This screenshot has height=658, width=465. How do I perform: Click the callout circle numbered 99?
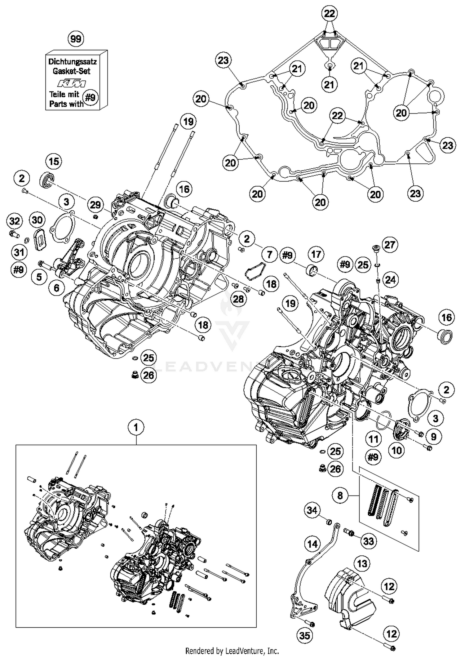tap(76, 39)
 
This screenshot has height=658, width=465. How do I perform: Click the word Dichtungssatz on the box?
tap(73, 61)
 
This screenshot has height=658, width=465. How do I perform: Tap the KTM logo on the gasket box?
tap(71, 83)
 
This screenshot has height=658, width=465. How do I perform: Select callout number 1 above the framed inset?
tap(136, 428)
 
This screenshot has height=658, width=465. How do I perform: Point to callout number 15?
tap(54, 161)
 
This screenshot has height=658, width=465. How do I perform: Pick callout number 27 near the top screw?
tap(390, 245)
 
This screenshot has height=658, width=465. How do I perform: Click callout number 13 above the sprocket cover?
tap(362, 563)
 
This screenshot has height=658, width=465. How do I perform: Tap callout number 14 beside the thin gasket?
tap(312, 544)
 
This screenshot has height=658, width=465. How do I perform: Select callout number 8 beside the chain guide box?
tap(340, 496)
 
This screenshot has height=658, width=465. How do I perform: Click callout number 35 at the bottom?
tap(304, 636)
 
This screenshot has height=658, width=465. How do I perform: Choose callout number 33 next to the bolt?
tap(369, 541)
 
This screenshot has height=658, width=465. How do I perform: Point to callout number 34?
tap(312, 510)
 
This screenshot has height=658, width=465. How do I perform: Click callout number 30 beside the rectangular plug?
tap(37, 220)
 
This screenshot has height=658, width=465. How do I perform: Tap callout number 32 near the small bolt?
tap(15, 221)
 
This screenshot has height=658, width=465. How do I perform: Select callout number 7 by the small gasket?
tap(269, 255)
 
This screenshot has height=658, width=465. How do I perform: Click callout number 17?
tap(316, 254)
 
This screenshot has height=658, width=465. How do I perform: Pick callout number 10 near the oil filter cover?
tap(397, 450)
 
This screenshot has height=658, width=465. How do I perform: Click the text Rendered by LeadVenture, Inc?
tap(232, 650)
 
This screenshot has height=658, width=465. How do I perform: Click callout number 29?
tap(95, 204)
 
